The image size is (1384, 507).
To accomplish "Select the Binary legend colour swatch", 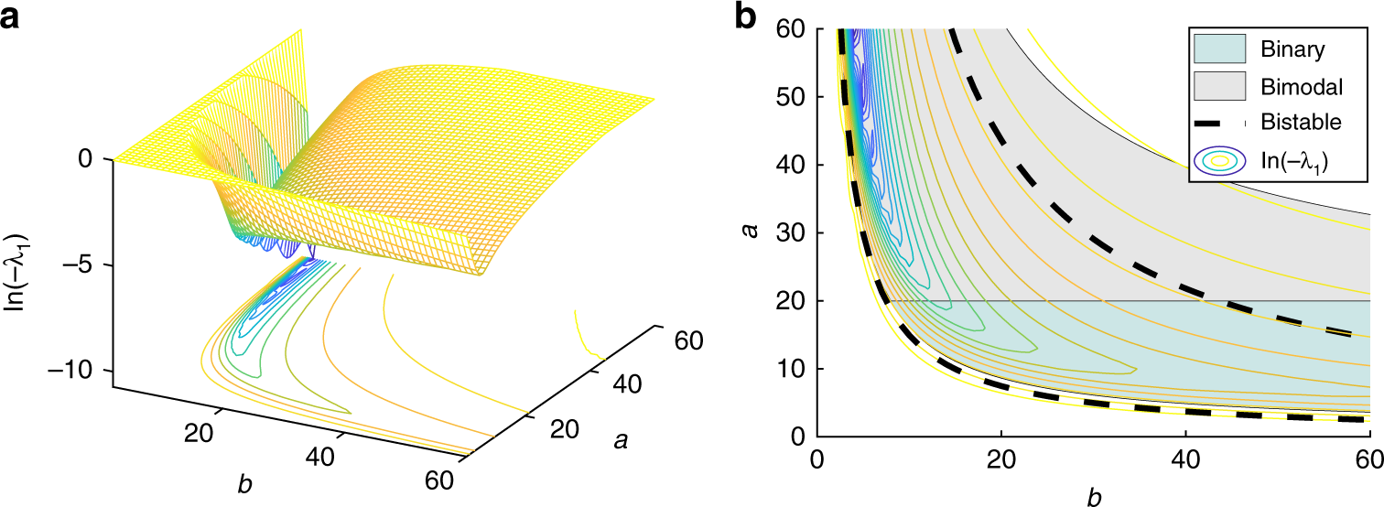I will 1226,48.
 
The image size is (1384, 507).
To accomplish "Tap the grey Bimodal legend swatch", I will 1226,86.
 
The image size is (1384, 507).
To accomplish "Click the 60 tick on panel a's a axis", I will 687,340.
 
